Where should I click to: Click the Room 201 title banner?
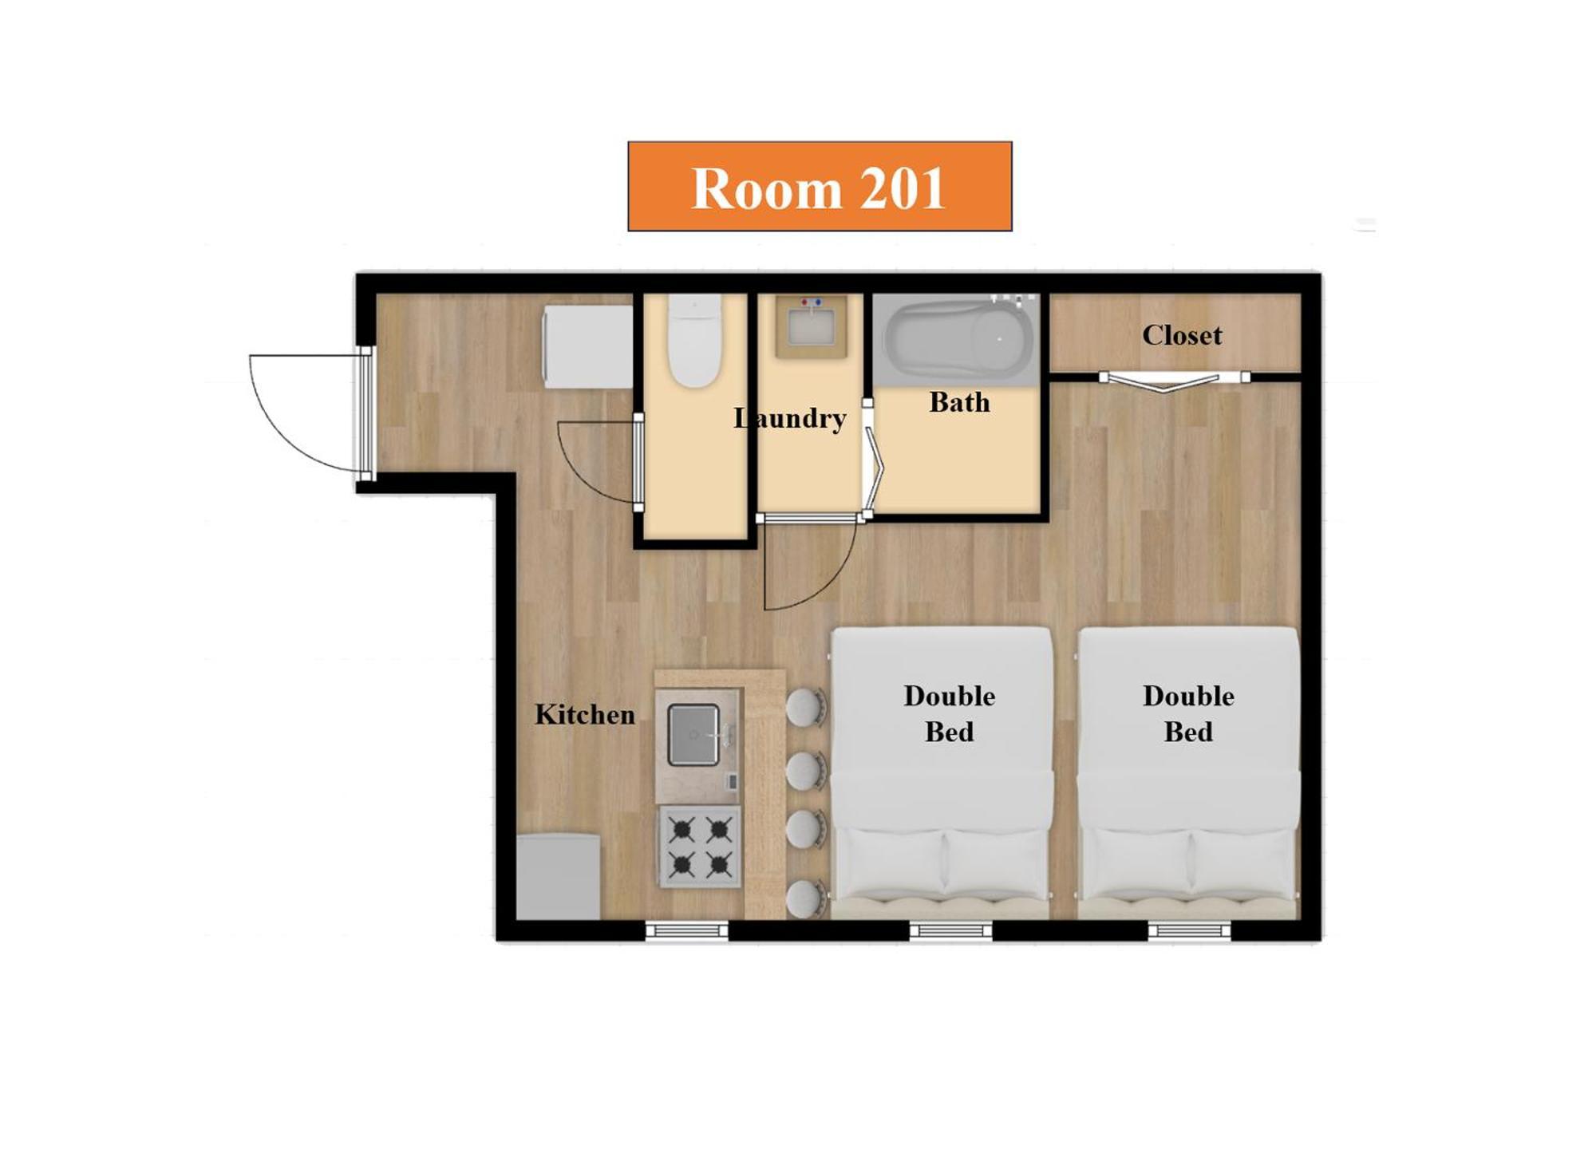coord(820,187)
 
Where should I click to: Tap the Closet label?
coord(1182,335)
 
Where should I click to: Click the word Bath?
coord(959,402)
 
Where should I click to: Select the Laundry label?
coord(790,419)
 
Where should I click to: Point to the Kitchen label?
coord(585,714)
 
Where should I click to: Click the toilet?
coord(694,341)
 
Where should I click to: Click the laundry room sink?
coord(812,326)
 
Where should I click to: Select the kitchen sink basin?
coord(693,735)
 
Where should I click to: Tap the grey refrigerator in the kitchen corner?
coord(558,877)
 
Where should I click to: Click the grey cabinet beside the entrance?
coord(588,346)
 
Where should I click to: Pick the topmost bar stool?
coord(805,708)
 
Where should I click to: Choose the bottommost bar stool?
coord(805,898)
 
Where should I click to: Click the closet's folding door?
coord(1174,381)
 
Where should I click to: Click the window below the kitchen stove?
coord(687,930)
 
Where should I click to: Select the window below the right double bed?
coord(1189,930)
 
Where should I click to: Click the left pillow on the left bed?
coord(889,863)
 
